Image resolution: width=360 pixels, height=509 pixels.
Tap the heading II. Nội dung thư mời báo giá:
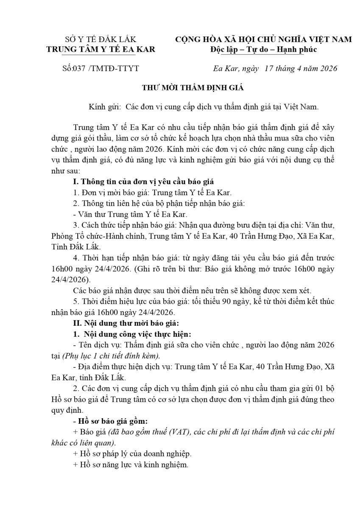(126, 324)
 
